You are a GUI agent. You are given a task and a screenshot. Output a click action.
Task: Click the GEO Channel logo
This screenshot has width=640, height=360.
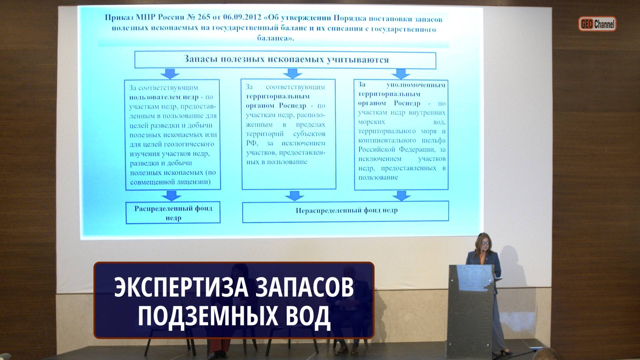[x=597, y=24]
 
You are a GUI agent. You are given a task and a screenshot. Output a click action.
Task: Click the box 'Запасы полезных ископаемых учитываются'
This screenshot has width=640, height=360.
[x=285, y=60]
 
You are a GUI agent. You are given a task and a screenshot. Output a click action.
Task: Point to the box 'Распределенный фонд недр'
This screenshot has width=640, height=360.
[x=173, y=213]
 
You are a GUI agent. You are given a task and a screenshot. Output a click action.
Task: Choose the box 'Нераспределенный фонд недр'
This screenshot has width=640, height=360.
[x=345, y=211]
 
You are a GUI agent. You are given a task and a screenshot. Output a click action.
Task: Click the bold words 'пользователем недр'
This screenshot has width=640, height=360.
[x=164, y=97]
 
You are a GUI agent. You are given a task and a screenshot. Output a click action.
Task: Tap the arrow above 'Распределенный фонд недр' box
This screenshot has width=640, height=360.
[x=171, y=196]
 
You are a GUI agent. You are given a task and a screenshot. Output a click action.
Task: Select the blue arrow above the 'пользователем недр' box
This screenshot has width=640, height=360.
[x=170, y=74]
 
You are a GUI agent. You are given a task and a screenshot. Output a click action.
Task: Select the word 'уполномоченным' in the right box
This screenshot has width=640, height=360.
[x=416, y=85]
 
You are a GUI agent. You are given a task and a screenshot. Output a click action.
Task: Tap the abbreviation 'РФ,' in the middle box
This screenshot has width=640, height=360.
[x=252, y=143]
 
